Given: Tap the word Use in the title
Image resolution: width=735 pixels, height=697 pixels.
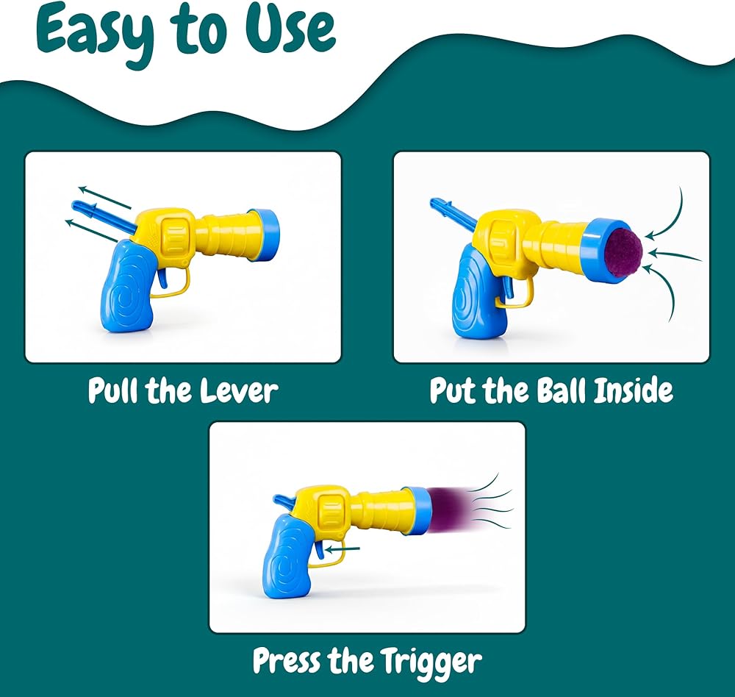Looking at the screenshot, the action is coord(290,28).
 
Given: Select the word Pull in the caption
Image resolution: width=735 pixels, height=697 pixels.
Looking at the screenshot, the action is coord(114,390).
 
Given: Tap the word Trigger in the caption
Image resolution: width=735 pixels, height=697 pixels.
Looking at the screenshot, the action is coord(430,662).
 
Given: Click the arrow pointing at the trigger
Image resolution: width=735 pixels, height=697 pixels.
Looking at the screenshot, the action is coord(343,548).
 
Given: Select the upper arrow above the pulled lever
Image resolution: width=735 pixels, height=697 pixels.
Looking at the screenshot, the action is coord(104,197).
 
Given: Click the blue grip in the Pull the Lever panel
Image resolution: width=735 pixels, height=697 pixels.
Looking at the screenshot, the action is coord(127,286).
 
